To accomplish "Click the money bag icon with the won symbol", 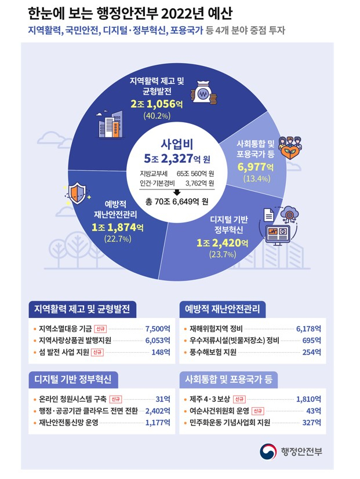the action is (x=203, y=92).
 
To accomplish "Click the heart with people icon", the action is (x=290, y=148).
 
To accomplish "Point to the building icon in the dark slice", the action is (x=110, y=124).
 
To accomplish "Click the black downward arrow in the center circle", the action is (x=177, y=192).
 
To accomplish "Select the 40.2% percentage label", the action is (x=157, y=116).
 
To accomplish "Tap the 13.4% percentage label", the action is (x=257, y=178).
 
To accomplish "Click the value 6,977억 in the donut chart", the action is (x=256, y=167).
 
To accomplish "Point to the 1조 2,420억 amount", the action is (x=223, y=243).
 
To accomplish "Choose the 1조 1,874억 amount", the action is (x=118, y=227).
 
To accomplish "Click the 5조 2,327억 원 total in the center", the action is (x=177, y=159).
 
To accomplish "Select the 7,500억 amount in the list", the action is (x=158, y=329).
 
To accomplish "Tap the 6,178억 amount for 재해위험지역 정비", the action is (x=308, y=329).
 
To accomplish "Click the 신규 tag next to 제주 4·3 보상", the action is (x=239, y=399).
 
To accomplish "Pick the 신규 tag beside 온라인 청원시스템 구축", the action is (x=115, y=399).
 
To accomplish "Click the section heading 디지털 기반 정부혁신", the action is (x=73, y=379).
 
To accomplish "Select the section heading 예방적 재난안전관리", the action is (x=223, y=309).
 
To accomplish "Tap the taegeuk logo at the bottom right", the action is (x=268, y=452).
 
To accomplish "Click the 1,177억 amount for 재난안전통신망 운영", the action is (x=158, y=422).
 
